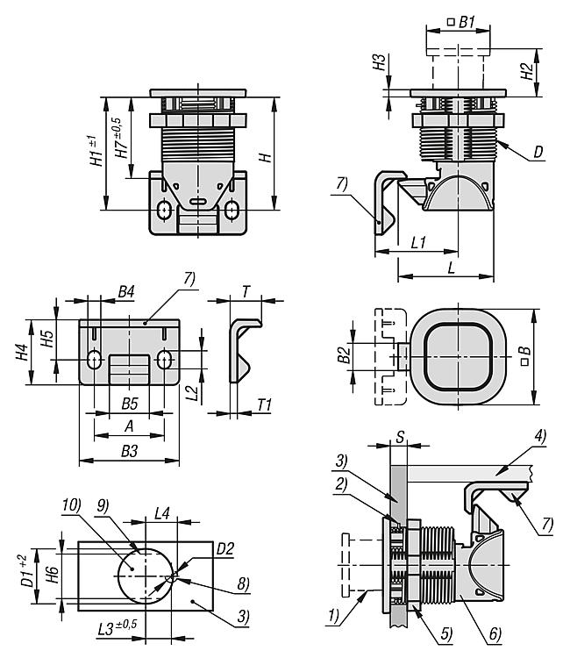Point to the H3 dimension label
pos(379,62)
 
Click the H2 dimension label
pos(526,69)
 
